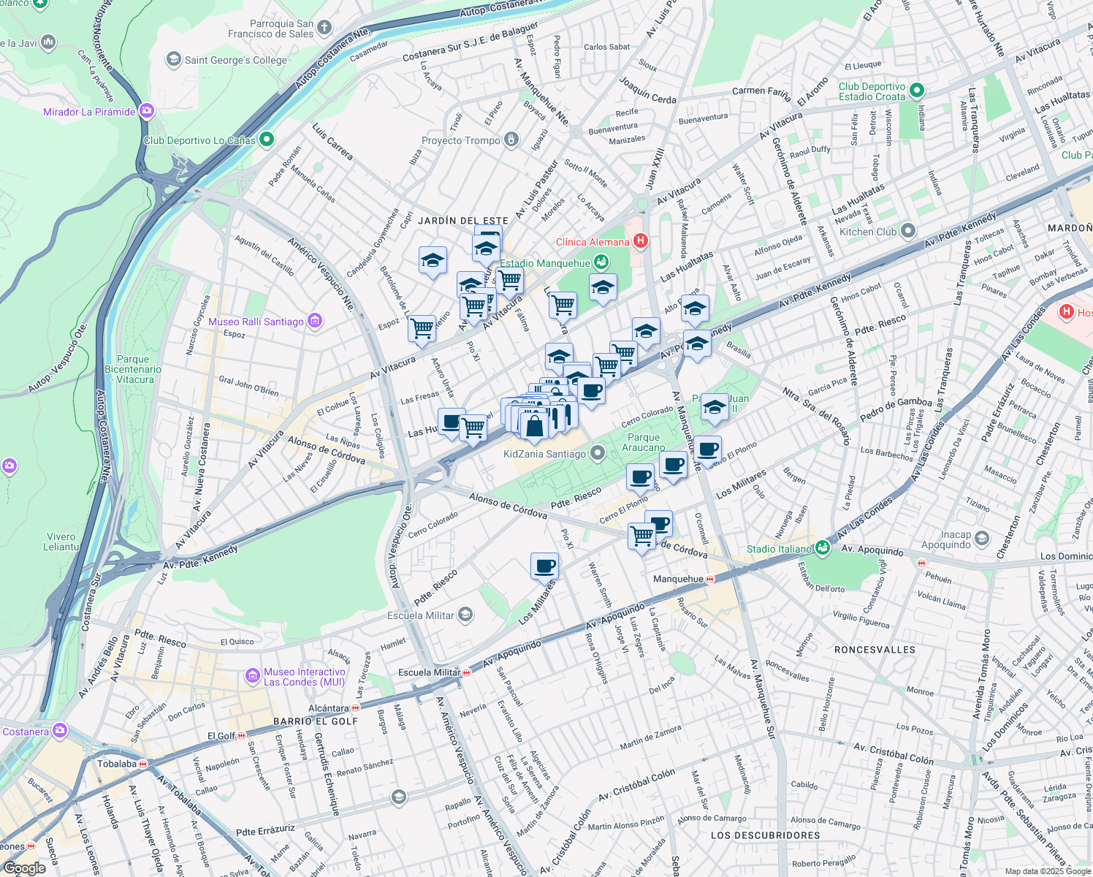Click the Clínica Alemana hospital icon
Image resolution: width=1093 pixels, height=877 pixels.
pos(641,240)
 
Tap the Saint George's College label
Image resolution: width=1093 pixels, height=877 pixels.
pos(235,60)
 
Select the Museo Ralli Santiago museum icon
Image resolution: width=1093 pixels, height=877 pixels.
pos(315,321)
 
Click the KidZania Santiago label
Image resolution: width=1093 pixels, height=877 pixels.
pos(544,454)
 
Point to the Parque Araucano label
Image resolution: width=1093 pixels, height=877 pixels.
pos(644,442)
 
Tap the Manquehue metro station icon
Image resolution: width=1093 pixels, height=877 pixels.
pos(710,579)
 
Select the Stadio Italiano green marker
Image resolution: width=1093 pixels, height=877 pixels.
pos(823,548)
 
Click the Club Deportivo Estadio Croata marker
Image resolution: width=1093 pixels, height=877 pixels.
pos(917,91)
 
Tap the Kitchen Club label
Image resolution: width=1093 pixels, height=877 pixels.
pos(867,232)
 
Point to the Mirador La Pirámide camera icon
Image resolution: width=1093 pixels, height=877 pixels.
pos(147,111)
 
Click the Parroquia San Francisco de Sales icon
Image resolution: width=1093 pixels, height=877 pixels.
pos(324,28)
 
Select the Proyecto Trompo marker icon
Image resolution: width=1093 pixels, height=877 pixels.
pos(512,140)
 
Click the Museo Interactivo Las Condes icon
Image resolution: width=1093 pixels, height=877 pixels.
pos(253,675)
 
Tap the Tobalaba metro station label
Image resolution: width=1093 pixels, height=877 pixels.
pos(117,764)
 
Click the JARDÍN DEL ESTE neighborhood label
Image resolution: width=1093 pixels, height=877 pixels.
pos(462,221)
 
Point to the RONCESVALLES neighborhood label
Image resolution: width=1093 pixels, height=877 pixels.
pos(875,650)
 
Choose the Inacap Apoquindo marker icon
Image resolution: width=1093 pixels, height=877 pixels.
pos(982,539)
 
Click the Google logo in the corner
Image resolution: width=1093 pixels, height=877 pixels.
pos(24,868)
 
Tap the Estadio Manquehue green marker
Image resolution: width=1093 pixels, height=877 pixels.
pos(601,262)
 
